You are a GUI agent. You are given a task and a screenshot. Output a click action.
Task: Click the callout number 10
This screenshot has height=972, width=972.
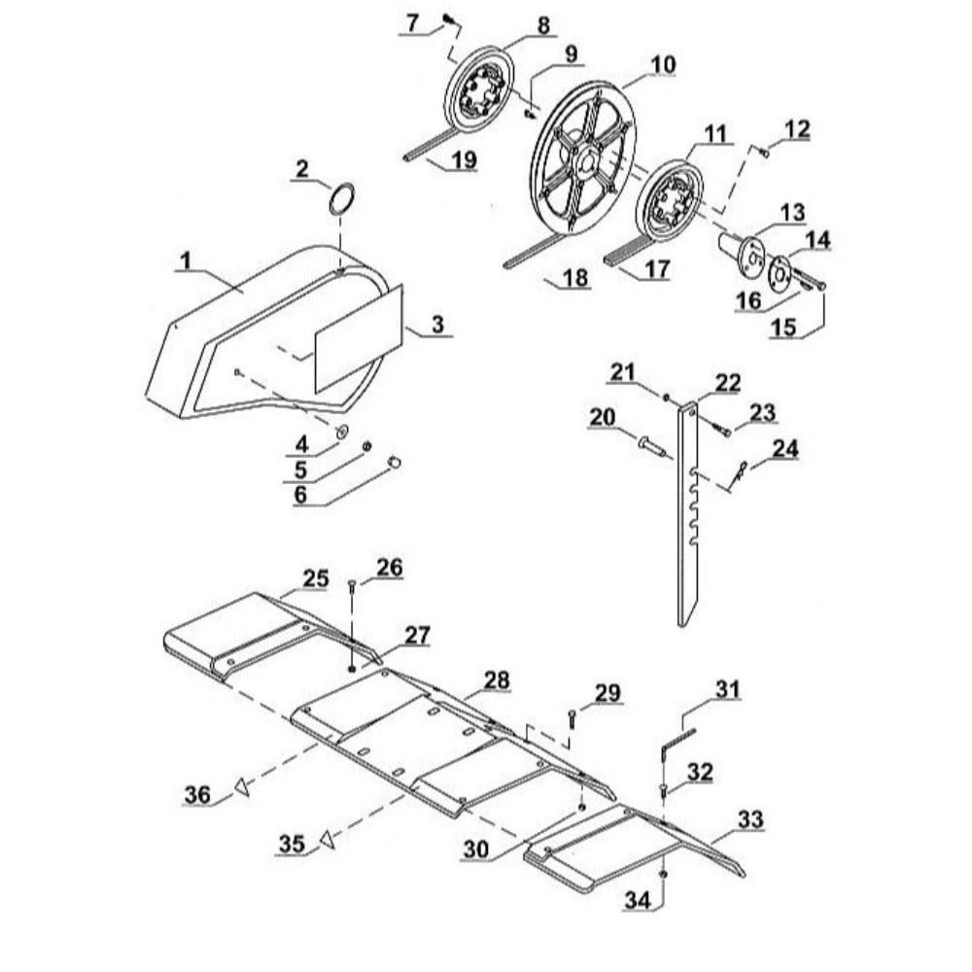[x=662, y=64]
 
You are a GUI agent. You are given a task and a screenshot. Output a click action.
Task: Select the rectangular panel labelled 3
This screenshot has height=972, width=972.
[x=359, y=339]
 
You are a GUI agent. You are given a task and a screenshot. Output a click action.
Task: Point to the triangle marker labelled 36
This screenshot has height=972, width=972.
[x=241, y=788]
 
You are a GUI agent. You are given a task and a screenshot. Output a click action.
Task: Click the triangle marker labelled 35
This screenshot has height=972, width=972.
[x=328, y=840]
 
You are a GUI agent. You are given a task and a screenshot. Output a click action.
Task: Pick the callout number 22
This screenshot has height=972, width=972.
[x=727, y=382]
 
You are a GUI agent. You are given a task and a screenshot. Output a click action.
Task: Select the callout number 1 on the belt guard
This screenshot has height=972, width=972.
[x=186, y=260]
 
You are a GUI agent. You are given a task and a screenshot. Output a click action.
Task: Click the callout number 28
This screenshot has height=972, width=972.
[x=497, y=680]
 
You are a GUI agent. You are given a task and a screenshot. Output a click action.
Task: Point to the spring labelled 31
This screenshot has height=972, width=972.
[x=678, y=740]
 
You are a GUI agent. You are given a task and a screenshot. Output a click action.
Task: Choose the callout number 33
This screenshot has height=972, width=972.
[x=750, y=819]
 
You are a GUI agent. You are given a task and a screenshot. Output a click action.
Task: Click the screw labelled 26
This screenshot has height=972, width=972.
[x=352, y=596]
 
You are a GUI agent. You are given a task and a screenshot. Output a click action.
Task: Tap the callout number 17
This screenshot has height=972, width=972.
[x=656, y=268]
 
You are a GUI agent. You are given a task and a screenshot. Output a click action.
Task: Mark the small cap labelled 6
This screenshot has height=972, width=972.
[x=395, y=461]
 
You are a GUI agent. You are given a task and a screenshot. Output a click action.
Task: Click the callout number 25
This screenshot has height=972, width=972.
[x=316, y=578]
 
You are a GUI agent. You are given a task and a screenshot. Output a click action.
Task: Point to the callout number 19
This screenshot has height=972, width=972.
[x=463, y=160]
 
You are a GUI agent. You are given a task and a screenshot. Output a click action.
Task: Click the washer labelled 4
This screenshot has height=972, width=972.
[x=341, y=431]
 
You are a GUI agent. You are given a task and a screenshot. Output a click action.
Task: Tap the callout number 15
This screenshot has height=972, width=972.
[x=782, y=327]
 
